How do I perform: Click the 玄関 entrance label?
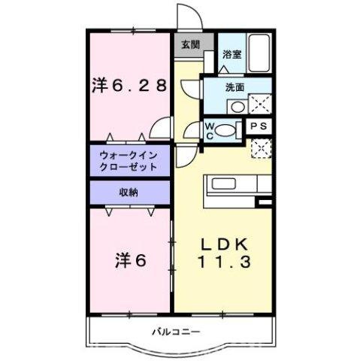(x=190, y=44)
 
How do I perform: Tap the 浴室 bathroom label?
(x=232, y=54)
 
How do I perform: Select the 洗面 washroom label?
(x=234, y=86)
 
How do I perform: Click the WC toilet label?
(x=211, y=131)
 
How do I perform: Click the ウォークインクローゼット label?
(x=127, y=161)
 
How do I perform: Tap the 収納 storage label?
(x=127, y=192)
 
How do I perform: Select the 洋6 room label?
(x=130, y=261)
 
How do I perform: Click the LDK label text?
(x=222, y=246)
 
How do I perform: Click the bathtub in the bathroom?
(x=259, y=53)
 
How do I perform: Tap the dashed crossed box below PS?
(x=259, y=148)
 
